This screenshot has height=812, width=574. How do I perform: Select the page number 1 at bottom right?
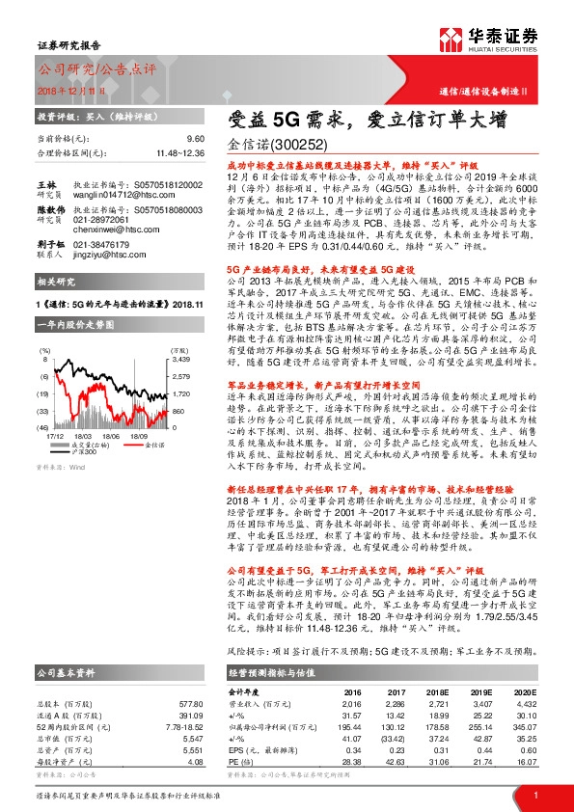pyautogui.click(x=533, y=795)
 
